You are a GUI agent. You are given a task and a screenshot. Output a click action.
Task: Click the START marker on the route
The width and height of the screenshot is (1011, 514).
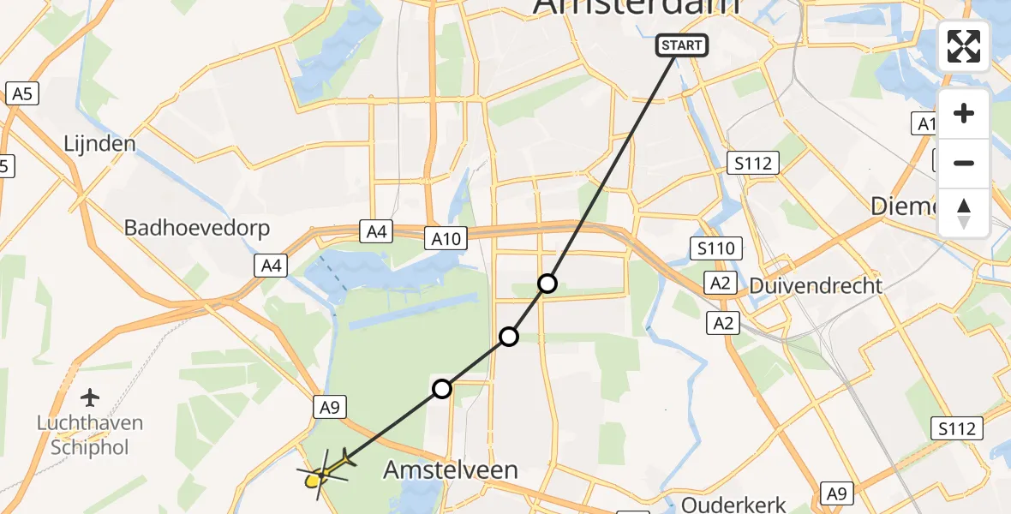[682, 45]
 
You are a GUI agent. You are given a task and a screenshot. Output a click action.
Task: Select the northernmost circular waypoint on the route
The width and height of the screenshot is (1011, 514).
[547, 284]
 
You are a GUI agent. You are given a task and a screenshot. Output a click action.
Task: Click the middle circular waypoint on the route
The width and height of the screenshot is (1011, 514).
[509, 337]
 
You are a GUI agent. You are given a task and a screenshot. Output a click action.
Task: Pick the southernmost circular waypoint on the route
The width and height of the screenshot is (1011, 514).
[441, 390]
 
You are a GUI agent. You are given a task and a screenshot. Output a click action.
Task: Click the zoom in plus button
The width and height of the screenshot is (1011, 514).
[964, 114]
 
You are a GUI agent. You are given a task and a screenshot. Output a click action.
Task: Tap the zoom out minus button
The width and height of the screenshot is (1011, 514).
[964, 164]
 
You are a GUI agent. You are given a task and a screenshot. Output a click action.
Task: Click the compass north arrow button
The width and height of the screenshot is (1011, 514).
[964, 212]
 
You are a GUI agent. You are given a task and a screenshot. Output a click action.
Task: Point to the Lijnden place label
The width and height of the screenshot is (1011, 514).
[100, 143]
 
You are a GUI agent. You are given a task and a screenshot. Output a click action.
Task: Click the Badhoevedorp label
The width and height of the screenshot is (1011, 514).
[197, 228]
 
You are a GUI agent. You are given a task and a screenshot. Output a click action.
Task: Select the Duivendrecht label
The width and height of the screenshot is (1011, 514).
[816, 285]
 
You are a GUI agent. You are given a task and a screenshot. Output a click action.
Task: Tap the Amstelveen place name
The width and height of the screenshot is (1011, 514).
[451, 469]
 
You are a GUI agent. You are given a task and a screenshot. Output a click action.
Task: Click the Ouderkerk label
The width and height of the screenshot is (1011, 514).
[733, 503]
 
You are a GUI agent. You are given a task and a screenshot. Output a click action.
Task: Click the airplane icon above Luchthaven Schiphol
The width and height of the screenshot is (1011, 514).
[89, 397]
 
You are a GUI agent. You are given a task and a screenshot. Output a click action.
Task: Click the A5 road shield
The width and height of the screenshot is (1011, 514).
[22, 93]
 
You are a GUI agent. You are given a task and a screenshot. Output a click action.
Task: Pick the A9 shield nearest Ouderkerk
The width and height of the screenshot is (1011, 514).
[838, 493]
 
